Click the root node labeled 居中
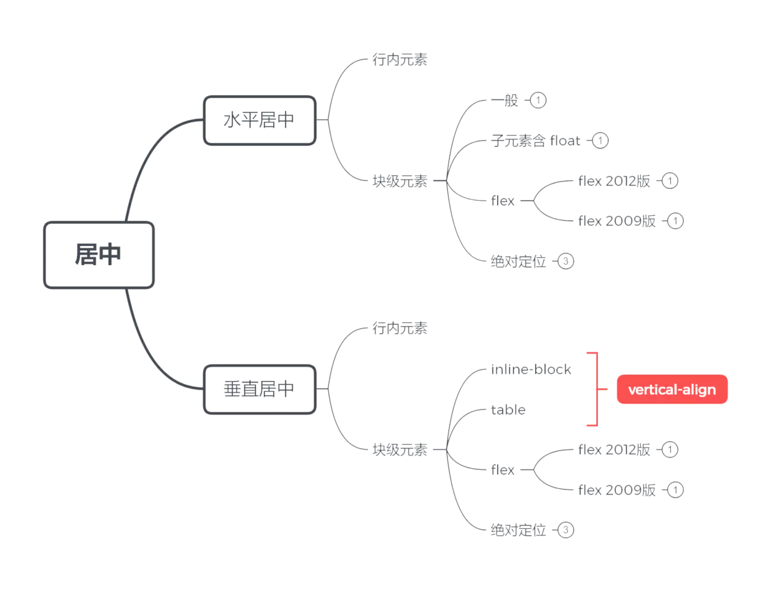pos(98,255)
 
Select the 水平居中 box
pos(260,120)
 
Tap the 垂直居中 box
pos(260,389)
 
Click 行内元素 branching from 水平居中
pos(400,60)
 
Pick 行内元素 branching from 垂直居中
pos(400,328)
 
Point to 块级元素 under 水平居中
pos(400,181)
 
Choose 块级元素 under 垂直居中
pos(400,450)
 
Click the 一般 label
pos(505,100)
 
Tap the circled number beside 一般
pos(538,100)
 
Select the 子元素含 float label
pos(535,141)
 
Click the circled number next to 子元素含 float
pos(600,141)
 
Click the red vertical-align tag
pos(672,390)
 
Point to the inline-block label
pos(531,369)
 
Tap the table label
pos(508,410)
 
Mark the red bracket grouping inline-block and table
pos(595,389)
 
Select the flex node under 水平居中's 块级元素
pos(503,201)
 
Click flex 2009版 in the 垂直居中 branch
pos(617,490)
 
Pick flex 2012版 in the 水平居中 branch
pos(614,181)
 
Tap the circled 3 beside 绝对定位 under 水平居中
pos(565,261)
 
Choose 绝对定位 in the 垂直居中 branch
pos(519,530)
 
